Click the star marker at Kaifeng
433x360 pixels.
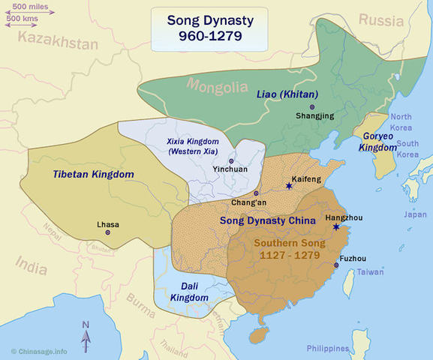click(x=289, y=185)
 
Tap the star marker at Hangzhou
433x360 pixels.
click(x=337, y=226)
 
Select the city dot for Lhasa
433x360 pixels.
click(x=108, y=232)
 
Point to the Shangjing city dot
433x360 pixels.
click(x=312, y=107)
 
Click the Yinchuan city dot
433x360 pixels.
click(x=231, y=160)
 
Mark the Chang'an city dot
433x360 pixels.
click(x=256, y=193)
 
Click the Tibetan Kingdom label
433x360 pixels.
click(x=93, y=174)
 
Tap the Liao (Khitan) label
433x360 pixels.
click(x=288, y=94)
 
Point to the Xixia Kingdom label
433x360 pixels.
click(x=192, y=145)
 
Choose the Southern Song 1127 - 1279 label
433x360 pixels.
click(x=287, y=249)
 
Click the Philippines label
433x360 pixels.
click(x=328, y=349)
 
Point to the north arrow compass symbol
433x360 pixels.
click(x=86, y=335)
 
